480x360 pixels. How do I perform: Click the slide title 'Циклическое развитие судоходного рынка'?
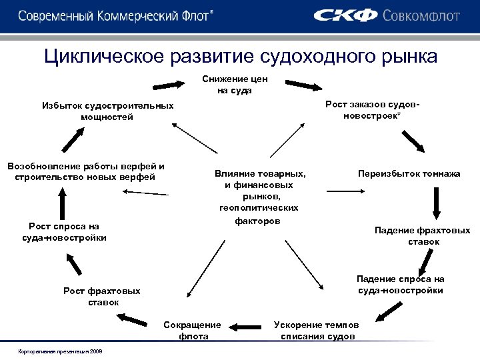(x=241, y=55)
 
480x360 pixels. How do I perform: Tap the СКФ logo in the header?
(x=346, y=15)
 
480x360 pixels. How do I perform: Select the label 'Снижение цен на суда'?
(x=234, y=85)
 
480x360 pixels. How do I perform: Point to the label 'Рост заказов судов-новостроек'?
(x=373, y=111)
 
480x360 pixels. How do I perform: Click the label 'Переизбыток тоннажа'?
(x=409, y=173)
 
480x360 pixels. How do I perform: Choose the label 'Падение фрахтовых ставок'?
(x=423, y=235)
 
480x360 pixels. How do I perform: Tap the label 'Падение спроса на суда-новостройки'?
(x=400, y=285)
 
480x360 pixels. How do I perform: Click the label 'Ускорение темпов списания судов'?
(x=317, y=330)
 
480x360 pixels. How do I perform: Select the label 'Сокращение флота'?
(x=193, y=330)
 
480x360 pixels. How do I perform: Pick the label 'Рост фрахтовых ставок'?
(x=102, y=296)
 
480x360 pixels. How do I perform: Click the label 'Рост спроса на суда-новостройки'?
(x=64, y=231)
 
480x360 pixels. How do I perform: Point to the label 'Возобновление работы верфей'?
(x=85, y=171)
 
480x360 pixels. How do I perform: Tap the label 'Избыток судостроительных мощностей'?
(x=107, y=111)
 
